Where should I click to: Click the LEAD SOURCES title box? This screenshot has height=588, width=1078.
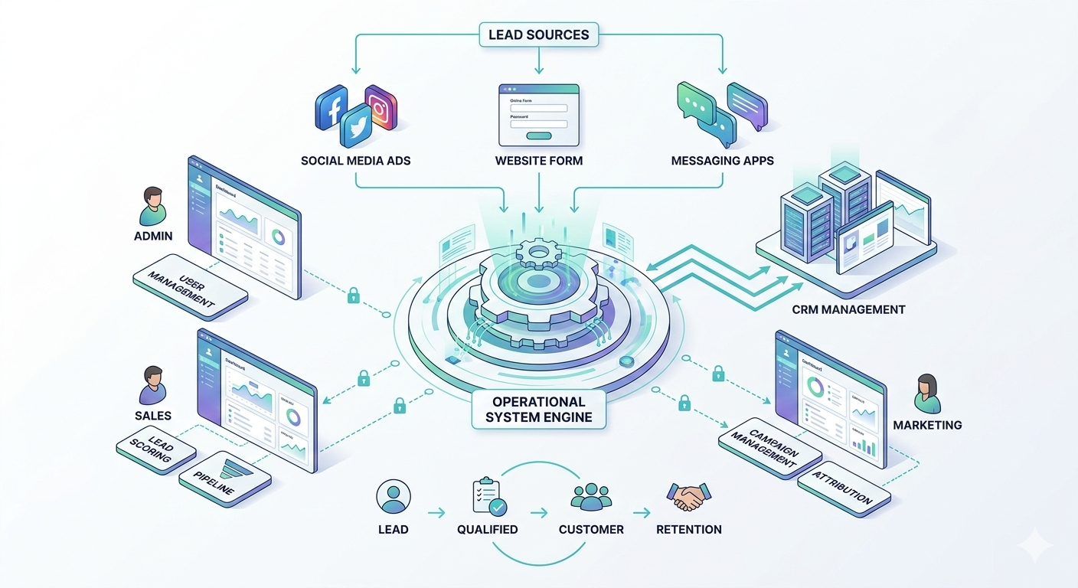(x=538, y=34)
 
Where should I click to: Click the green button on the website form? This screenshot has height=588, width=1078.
(x=538, y=136)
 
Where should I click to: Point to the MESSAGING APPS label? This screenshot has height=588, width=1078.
(x=722, y=161)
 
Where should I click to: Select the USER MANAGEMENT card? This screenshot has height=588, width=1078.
(x=190, y=286)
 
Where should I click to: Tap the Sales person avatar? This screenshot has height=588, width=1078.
(x=152, y=385)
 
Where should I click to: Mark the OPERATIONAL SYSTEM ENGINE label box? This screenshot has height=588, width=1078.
(x=538, y=410)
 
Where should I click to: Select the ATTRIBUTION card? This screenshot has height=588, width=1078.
(x=844, y=488)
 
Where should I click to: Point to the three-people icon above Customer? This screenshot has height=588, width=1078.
(x=591, y=497)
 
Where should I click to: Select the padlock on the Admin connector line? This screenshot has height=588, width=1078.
(x=353, y=295)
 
